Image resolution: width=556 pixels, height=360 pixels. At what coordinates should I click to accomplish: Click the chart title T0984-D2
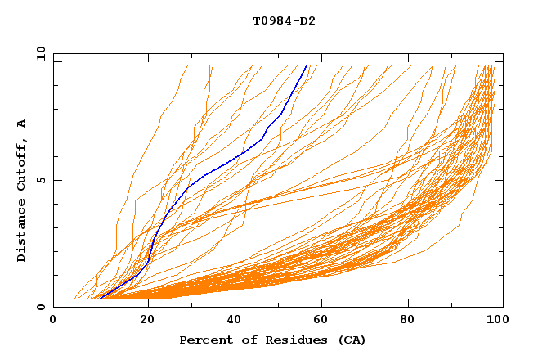click(x=284, y=21)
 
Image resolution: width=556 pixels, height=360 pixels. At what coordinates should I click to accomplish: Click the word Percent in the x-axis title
click(x=204, y=340)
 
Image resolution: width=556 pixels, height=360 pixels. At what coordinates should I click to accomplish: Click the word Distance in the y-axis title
click(x=22, y=231)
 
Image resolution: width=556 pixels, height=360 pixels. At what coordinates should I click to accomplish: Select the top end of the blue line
click(x=307, y=66)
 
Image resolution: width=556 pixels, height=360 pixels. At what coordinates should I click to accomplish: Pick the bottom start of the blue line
click(x=99, y=299)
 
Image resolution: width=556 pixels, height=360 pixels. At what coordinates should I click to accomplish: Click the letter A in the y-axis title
click(x=22, y=124)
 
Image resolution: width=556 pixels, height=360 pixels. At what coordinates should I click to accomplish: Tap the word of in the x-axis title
click(x=246, y=340)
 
